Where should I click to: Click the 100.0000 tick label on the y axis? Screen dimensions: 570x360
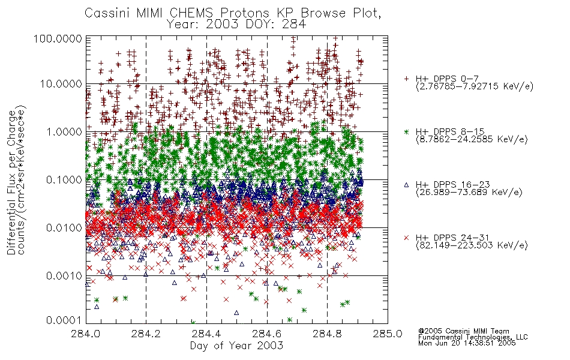point(58,38)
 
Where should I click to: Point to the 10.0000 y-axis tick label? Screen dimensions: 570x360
point(61,84)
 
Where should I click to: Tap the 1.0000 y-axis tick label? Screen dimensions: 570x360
point(64,131)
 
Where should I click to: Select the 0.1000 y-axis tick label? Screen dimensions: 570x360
point(64,179)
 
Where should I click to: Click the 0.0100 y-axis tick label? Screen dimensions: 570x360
point(64,227)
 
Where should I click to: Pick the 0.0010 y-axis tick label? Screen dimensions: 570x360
point(64,275)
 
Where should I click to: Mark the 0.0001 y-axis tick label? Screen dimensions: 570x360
point(64,320)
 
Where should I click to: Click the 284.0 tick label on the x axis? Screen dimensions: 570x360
point(86,334)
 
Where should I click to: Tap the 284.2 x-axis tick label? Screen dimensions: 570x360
point(146,334)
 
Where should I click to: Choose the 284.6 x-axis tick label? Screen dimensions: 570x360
point(267,334)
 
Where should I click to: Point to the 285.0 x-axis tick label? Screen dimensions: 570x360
point(388,334)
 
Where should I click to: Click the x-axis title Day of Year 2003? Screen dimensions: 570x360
point(236,346)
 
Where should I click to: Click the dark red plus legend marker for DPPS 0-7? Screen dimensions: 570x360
point(406,79)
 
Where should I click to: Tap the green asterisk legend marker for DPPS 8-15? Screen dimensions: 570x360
point(406,131)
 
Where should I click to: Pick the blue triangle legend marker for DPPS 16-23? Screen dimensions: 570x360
point(406,185)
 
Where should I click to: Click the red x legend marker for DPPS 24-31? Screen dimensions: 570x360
point(406,238)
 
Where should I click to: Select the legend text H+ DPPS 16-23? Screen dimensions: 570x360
point(453,185)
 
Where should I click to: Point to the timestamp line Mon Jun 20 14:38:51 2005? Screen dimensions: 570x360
point(467,343)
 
